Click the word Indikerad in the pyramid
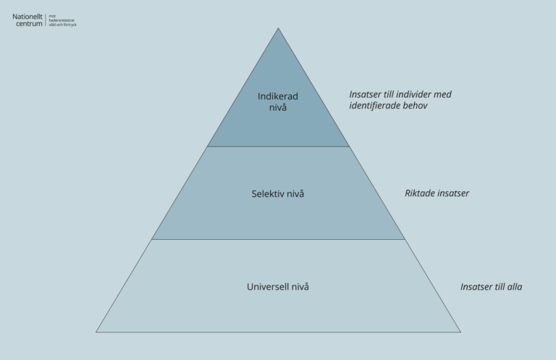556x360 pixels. [x=278, y=96]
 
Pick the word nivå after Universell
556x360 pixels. [x=300, y=287]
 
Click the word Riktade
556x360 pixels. [x=421, y=193]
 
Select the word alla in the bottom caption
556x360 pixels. [x=513, y=287]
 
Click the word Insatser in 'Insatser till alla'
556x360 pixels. [x=477, y=287]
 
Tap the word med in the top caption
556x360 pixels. [x=443, y=95]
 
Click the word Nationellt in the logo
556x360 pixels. [x=28, y=17]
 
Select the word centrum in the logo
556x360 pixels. [x=29, y=24]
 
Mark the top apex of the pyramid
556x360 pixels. [x=278, y=28]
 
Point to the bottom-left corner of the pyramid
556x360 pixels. [x=96, y=332]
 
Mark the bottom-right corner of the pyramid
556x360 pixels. [x=460, y=332]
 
